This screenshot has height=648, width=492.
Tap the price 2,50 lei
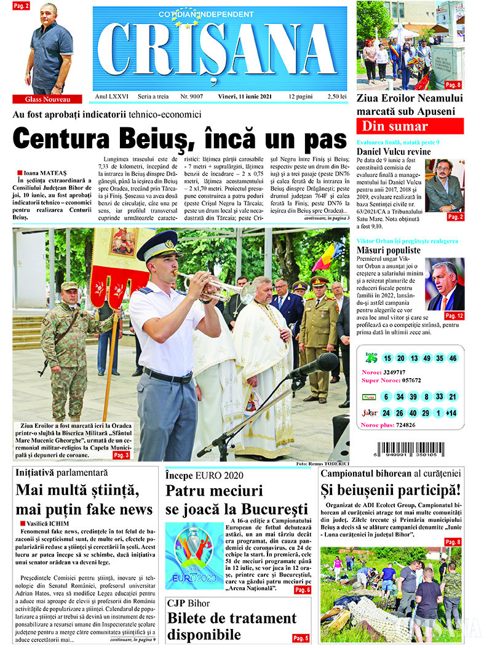pyautogui.click(x=337, y=97)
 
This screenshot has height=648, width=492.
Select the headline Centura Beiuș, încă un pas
pyautogui.click(x=180, y=137)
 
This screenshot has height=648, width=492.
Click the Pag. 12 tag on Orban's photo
pyautogui.click(x=454, y=315)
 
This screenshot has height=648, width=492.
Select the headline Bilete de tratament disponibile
pyautogui.click(x=231, y=626)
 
